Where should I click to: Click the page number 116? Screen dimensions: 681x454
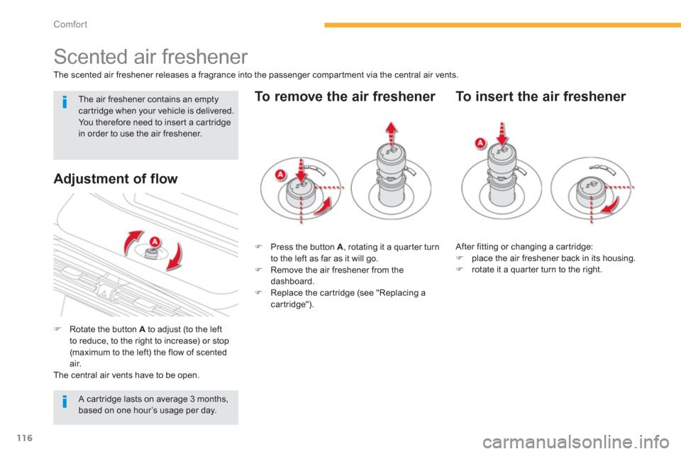25,438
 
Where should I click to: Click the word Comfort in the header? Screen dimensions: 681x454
70,24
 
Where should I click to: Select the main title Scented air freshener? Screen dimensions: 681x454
150,57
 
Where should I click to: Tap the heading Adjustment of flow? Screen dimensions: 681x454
116,179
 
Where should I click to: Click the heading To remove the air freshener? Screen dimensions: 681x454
345,96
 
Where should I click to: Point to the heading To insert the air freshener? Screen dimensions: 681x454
541,96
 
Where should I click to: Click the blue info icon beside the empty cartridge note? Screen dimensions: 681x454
65,102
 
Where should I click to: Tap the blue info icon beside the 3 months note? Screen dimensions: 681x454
65,402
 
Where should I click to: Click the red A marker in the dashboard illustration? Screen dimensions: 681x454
155,242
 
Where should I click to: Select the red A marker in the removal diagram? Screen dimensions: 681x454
281,175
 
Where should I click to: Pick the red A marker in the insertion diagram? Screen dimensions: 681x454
480,143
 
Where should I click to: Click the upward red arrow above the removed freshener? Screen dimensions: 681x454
392,133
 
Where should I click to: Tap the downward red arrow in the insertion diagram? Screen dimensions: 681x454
502,133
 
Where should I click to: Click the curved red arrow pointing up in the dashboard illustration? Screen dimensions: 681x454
131,242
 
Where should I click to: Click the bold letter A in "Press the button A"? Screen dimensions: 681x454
340,247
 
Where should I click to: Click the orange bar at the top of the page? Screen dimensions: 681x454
502,26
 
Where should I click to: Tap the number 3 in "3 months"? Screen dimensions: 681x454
192,399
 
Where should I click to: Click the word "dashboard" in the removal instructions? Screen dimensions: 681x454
292,282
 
